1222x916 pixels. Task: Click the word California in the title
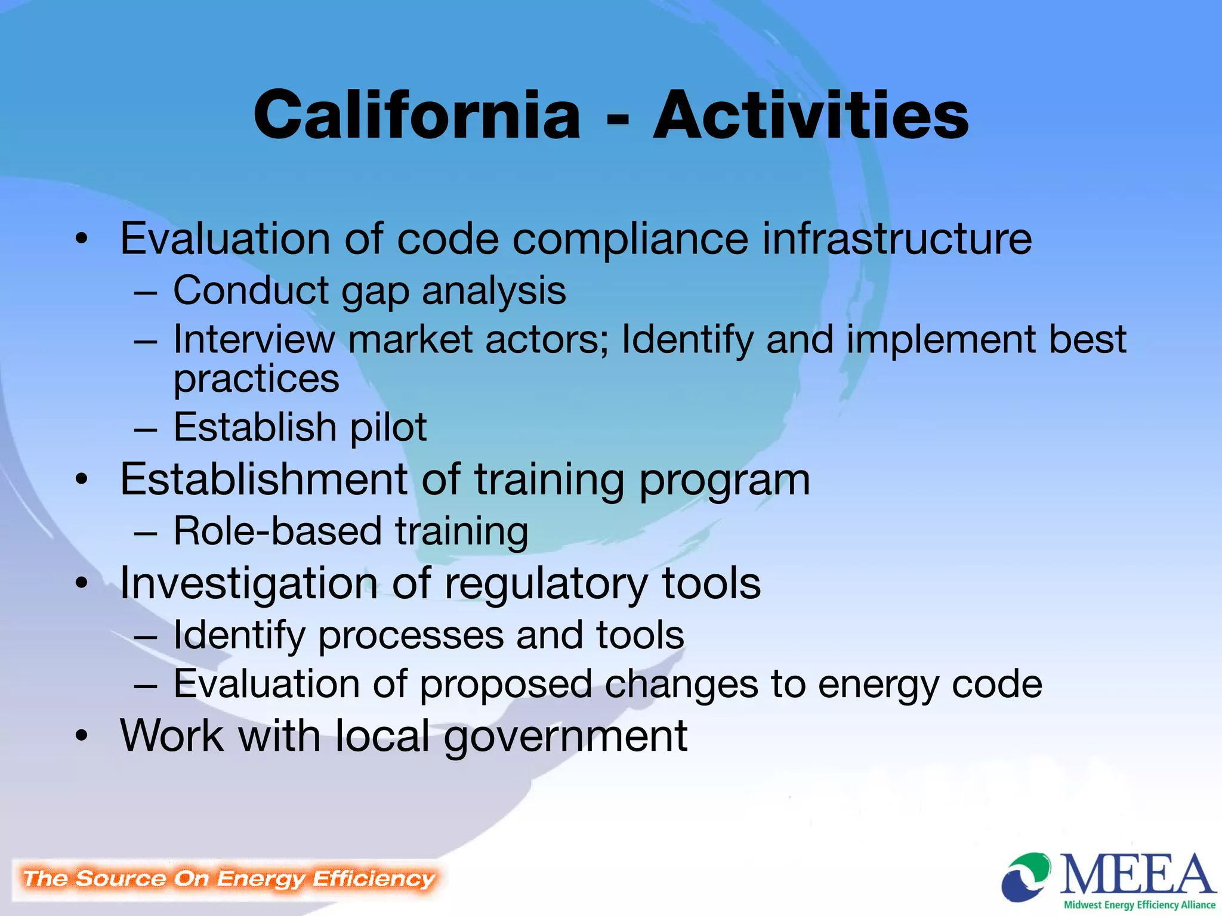click(x=416, y=114)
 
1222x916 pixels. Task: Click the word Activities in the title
click(x=811, y=114)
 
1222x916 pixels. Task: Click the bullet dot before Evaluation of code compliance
click(x=82, y=240)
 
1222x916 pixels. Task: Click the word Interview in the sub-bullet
click(x=254, y=339)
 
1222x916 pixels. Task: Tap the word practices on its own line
click(x=256, y=380)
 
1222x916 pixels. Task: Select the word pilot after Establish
click(x=388, y=428)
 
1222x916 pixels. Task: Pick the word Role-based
click(x=277, y=531)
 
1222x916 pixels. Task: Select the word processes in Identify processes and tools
click(x=411, y=636)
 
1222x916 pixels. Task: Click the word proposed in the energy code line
click(x=505, y=685)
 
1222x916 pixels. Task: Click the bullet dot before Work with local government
click(x=82, y=736)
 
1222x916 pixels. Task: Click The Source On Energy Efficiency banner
click(x=229, y=879)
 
